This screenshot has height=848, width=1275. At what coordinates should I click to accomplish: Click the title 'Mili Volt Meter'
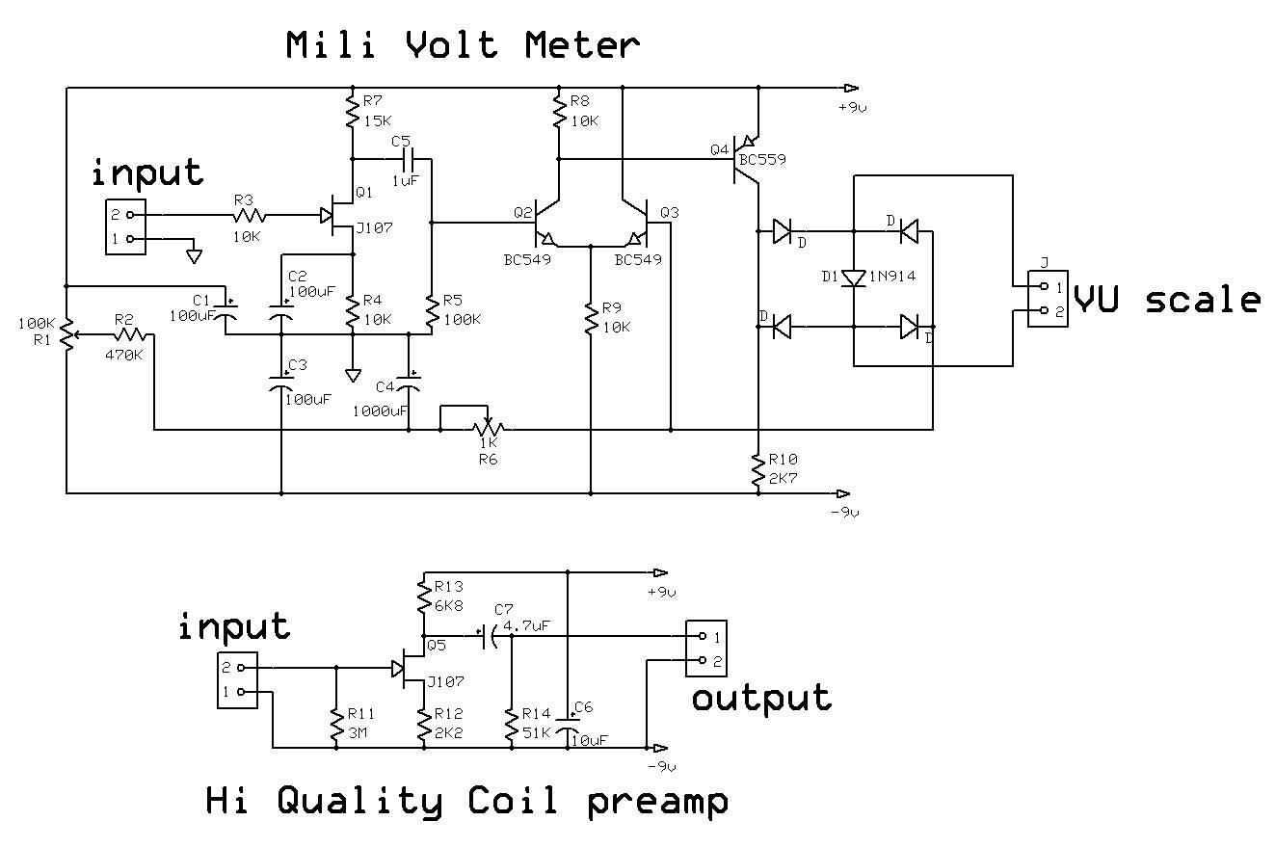tap(463, 45)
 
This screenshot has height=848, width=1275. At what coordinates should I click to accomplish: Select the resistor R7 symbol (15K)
tap(352, 112)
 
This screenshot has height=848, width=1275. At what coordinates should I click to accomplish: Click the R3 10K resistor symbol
tap(246, 215)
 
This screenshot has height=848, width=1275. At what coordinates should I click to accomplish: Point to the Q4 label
tap(720, 149)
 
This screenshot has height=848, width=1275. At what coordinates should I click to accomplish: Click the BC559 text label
tap(761, 159)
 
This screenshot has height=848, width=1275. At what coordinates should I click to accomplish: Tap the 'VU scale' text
tap(1167, 300)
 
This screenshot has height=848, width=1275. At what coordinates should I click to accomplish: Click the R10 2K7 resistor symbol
tap(758, 469)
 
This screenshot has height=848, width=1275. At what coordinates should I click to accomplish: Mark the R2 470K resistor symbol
tap(131, 334)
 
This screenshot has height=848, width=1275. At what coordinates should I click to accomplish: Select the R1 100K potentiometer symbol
tap(66, 334)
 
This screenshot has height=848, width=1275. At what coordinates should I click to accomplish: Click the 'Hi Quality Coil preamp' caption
tap(467, 801)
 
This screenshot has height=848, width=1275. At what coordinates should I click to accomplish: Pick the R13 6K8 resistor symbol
tap(422, 598)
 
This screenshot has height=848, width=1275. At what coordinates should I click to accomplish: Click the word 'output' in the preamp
tap(761, 698)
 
